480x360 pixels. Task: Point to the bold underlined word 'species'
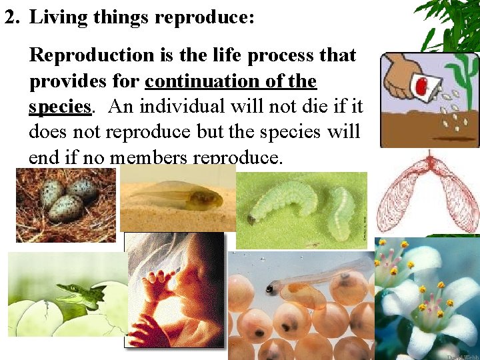59,107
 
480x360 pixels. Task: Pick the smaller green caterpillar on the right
341,212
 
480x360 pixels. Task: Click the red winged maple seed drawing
427,193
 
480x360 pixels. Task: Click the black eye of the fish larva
270,289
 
